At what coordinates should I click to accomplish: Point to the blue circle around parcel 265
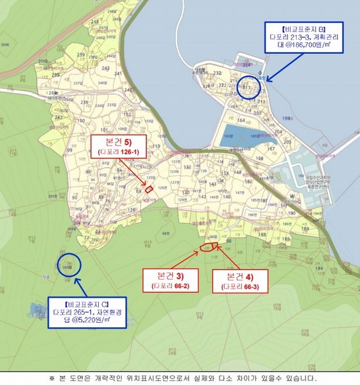(70, 264)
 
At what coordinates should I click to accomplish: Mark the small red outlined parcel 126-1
(148, 188)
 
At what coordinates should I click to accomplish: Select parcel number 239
(81, 56)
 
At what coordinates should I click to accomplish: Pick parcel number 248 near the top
(96, 22)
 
